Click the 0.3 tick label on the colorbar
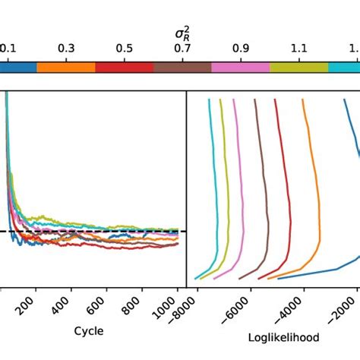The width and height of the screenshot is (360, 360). (x=66, y=49)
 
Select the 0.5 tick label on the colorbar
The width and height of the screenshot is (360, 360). (x=125, y=49)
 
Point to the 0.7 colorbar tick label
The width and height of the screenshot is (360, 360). (x=182, y=49)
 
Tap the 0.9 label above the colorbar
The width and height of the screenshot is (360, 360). (x=241, y=49)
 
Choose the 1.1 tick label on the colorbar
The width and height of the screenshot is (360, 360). (x=299, y=49)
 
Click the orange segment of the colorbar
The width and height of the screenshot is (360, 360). (x=66, y=67)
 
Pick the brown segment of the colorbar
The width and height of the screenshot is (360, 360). (x=182, y=67)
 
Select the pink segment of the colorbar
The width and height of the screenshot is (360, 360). (x=241, y=67)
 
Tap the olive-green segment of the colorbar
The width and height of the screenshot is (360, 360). (x=299, y=67)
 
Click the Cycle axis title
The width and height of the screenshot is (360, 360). (x=89, y=331)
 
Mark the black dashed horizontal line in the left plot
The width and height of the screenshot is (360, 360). (x=114, y=231)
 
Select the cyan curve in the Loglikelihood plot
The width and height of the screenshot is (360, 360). (x=210, y=190)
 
